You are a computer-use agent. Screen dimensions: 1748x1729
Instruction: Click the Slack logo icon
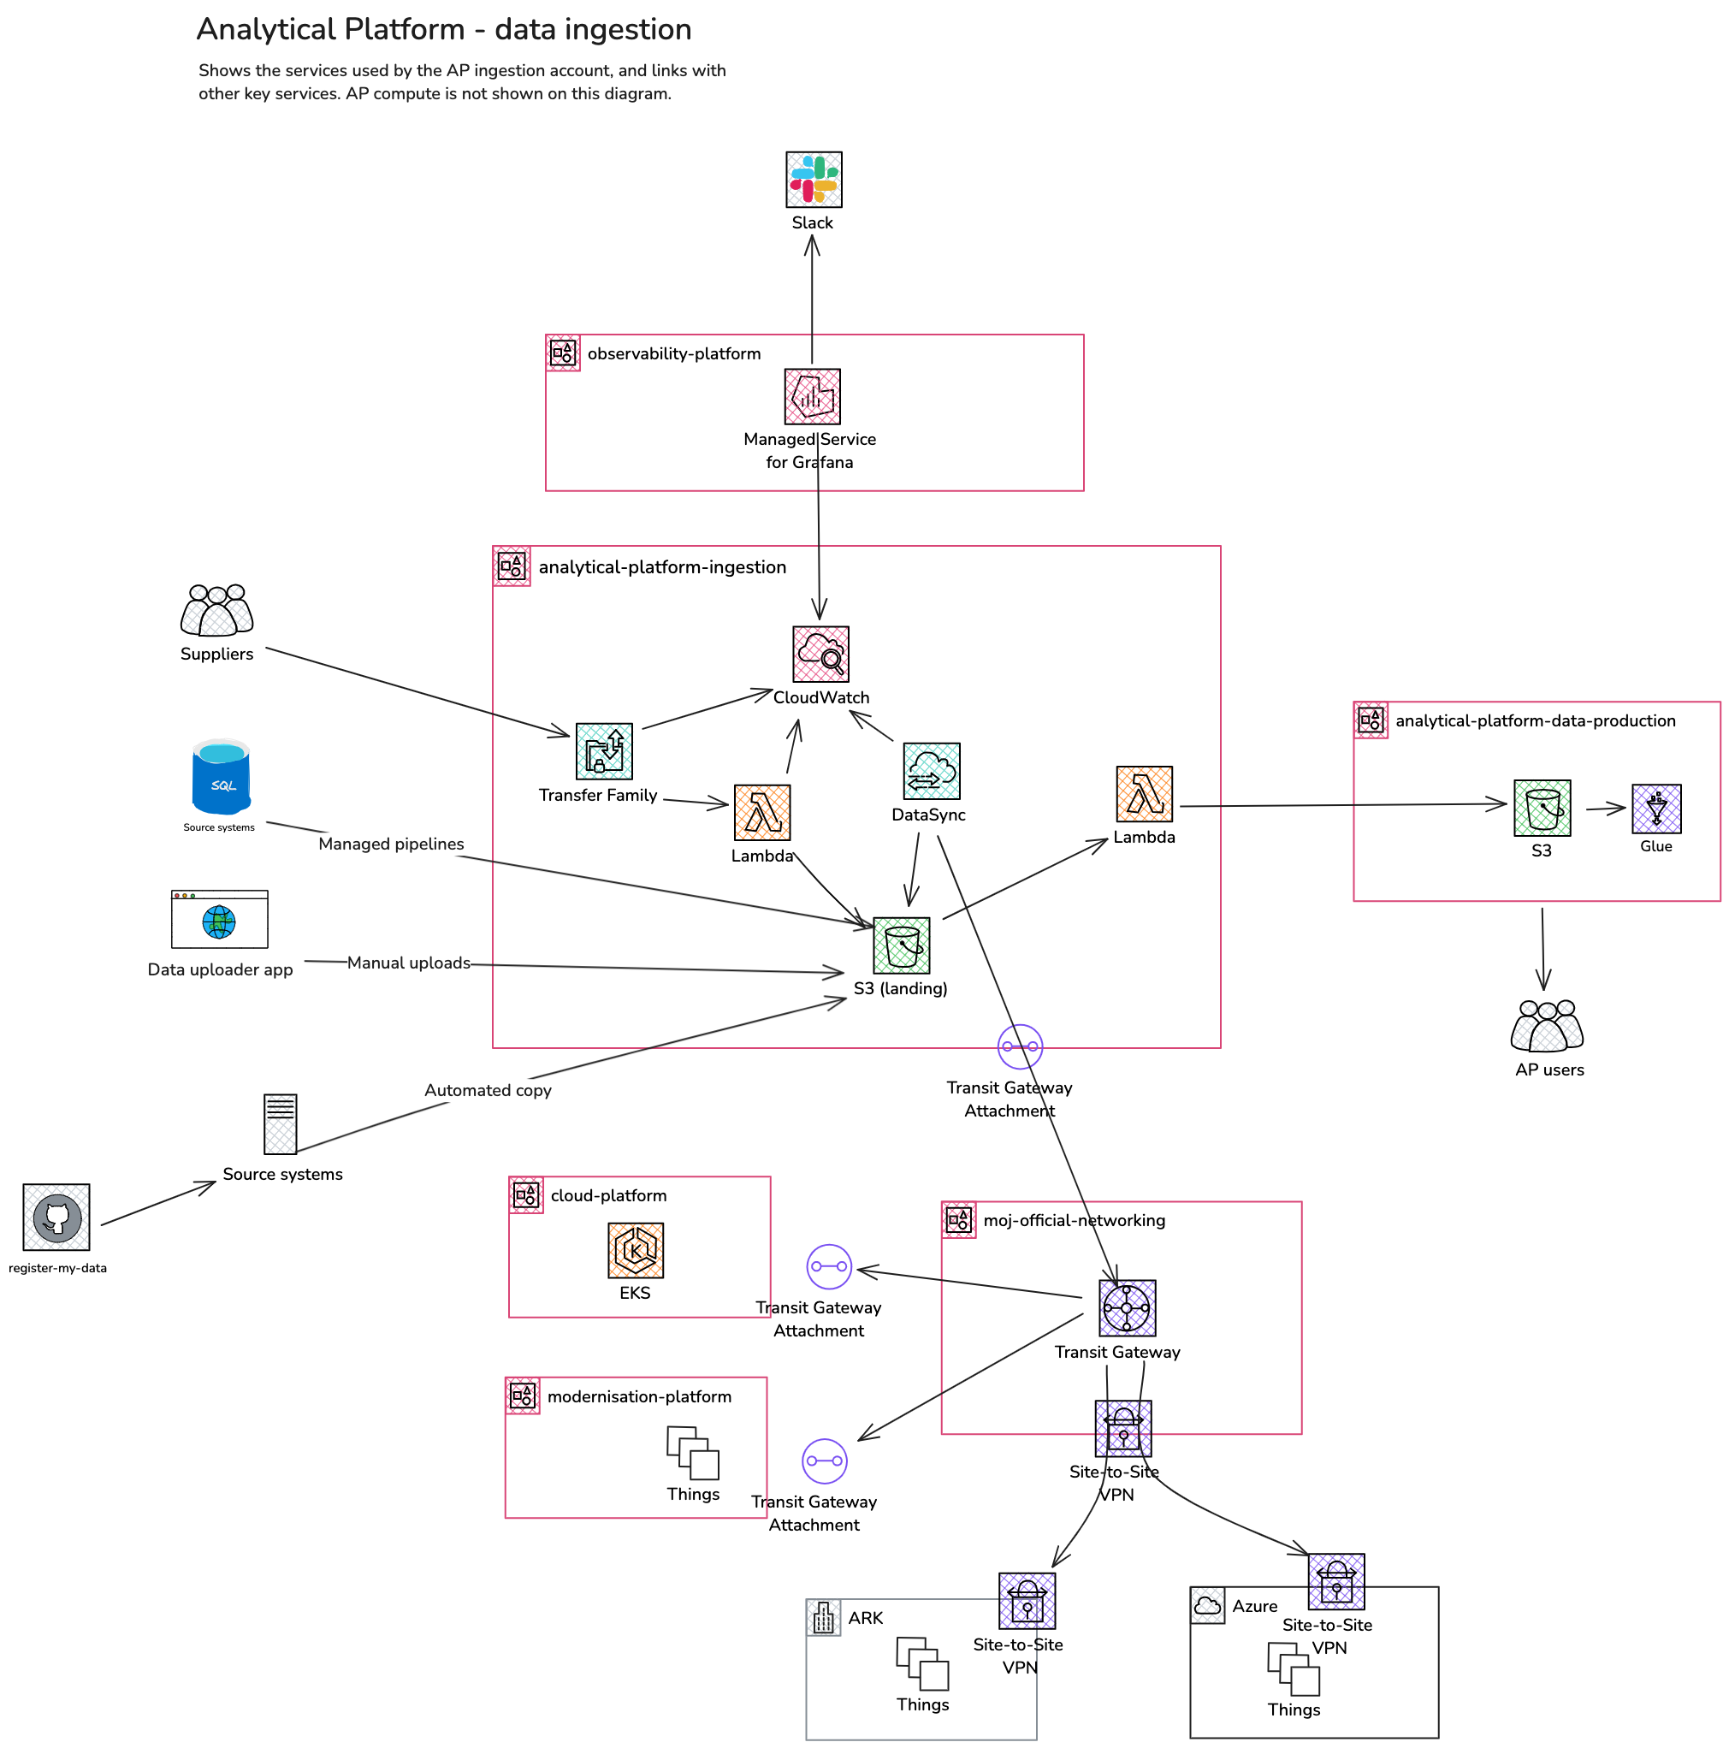[x=814, y=179]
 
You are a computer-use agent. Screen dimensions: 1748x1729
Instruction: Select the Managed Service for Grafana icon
[x=812, y=396]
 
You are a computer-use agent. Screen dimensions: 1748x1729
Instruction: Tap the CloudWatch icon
[x=820, y=653]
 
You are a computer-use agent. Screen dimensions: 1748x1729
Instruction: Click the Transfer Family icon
[x=604, y=751]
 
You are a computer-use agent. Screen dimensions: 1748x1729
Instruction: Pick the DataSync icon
[x=931, y=771]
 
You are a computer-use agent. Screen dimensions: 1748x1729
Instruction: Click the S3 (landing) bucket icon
[x=901, y=945]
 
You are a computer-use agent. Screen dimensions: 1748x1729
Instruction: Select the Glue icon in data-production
[x=1655, y=808]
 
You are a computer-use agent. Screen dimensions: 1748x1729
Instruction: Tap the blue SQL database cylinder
[x=221, y=776]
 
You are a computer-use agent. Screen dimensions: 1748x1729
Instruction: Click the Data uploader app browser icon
[x=220, y=919]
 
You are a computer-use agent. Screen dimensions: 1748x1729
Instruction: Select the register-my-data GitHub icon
[x=56, y=1217]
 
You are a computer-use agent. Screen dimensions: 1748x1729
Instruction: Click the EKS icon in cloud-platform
[x=635, y=1250]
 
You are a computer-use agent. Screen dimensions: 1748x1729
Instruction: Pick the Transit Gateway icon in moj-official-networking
[x=1127, y=1307]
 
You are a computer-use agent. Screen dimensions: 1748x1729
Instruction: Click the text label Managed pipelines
[x=391, y=844]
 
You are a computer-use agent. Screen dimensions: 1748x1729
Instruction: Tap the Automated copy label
[x=488, y=1090]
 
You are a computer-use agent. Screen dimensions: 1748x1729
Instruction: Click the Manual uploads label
[x=408, y=963]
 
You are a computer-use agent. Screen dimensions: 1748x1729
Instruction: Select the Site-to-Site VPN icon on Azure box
[x=1335, y=1581]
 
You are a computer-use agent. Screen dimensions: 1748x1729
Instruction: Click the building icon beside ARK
[x=822, y=1618]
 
